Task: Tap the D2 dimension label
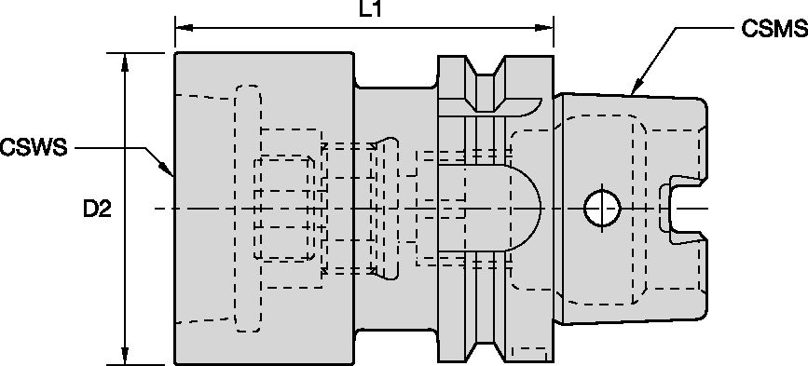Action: click(x=96, y=210)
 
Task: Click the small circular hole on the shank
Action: click(x=601, y=207)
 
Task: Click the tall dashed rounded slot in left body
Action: click(x=249, y=207)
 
